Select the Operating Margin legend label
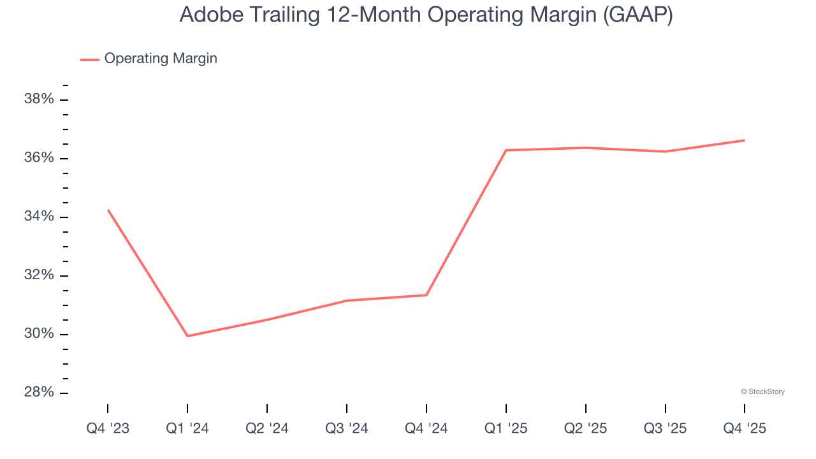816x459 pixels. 161,59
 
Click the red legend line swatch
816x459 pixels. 90,59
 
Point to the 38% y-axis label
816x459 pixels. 39,99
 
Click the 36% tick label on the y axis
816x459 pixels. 39,158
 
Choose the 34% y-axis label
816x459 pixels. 39,217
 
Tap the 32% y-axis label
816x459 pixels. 39,275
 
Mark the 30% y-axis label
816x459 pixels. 39,334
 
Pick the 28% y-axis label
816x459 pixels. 39,393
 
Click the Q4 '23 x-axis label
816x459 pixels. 108,428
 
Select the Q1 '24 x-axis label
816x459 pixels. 187,428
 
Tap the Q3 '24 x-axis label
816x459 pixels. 347,428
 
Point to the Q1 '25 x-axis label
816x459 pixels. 506,428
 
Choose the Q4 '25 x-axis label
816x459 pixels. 745,428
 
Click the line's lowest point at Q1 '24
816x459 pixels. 187,336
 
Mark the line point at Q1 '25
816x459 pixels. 506,150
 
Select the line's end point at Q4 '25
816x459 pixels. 745,140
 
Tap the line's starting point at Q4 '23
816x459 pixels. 108,210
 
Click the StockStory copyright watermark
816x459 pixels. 762,391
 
